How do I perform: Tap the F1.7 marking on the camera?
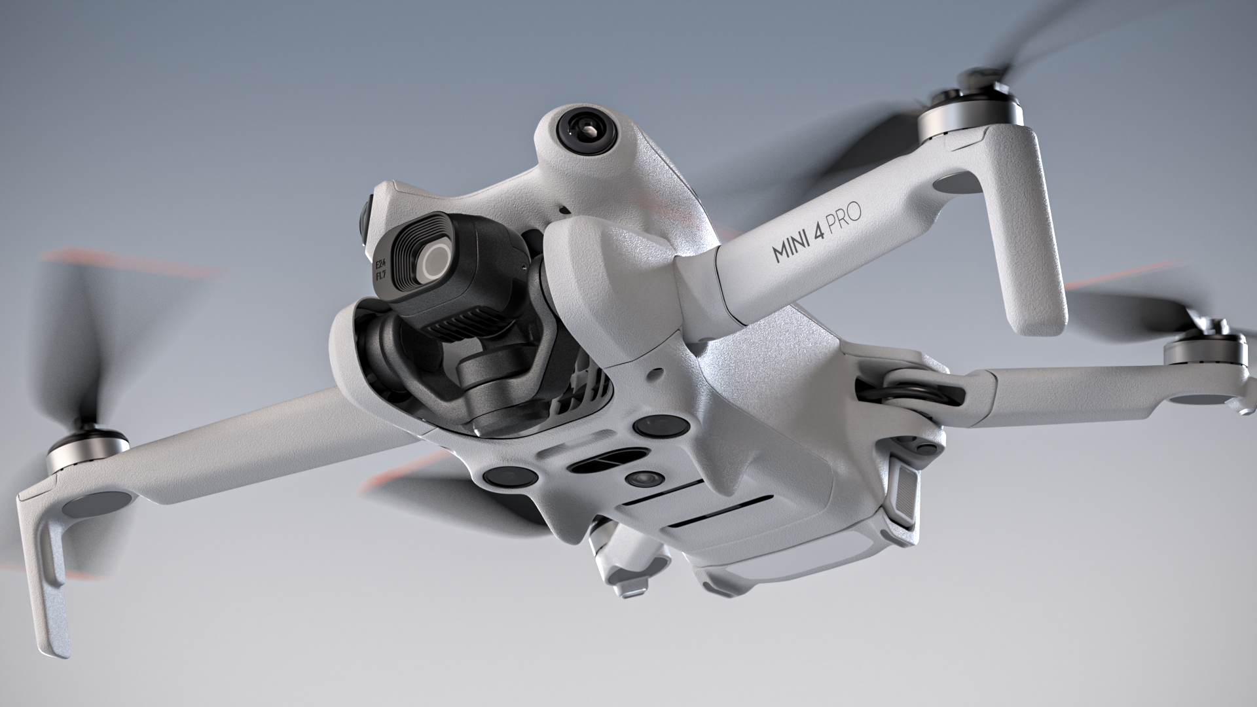pos(380,278)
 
